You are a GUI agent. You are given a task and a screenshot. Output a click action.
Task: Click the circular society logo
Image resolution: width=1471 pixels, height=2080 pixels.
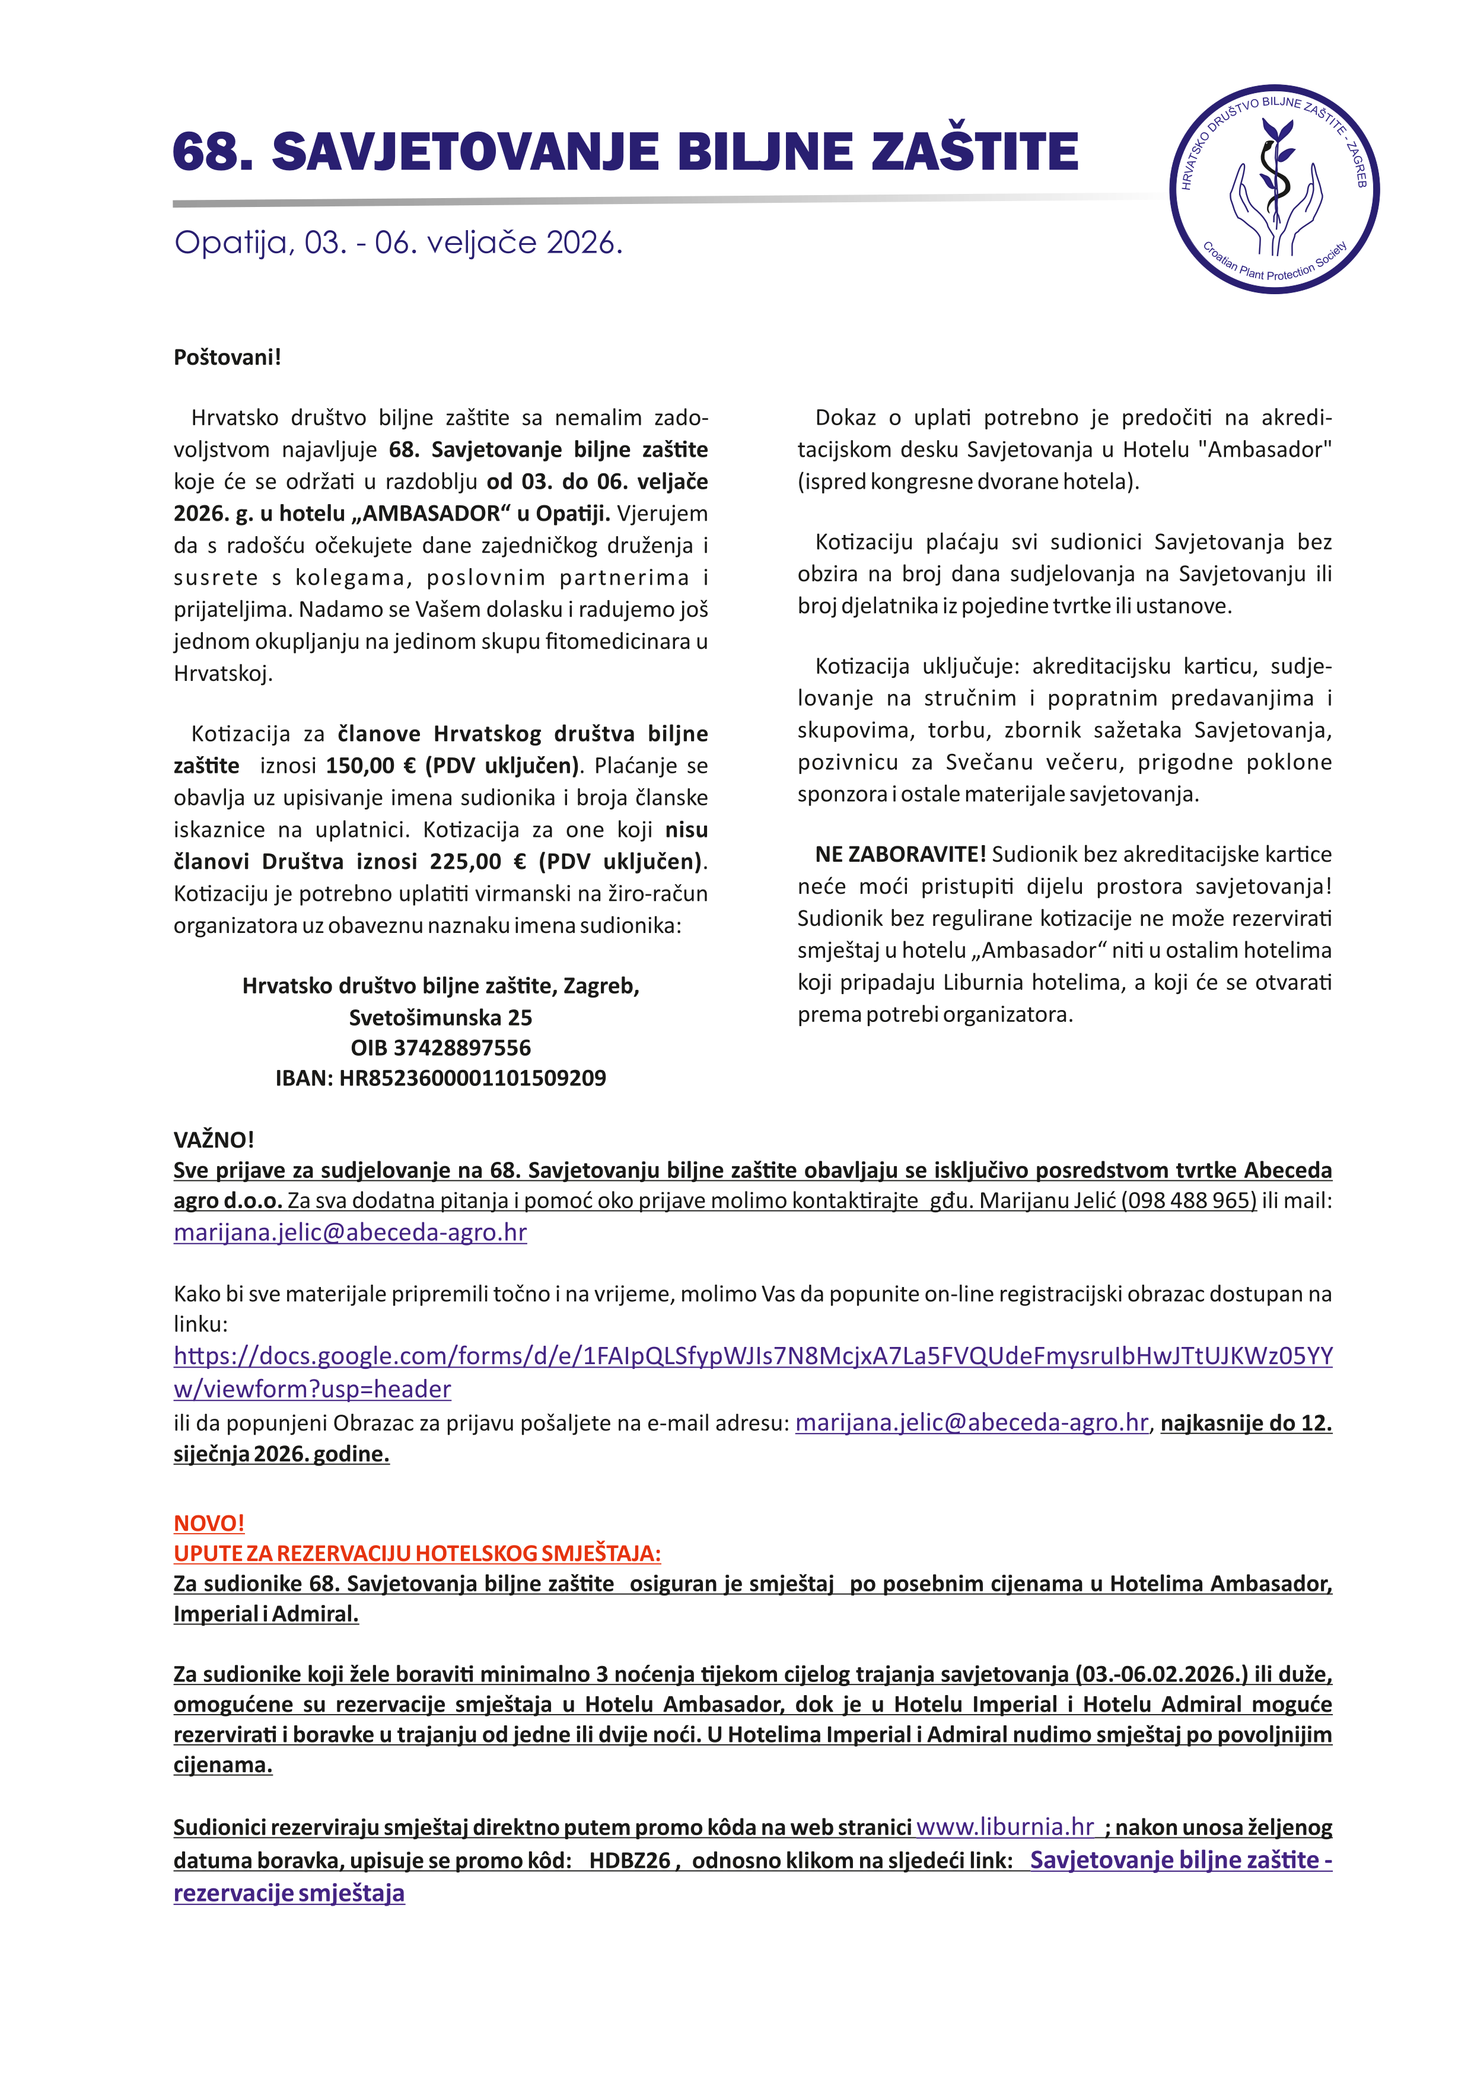point(1275,189)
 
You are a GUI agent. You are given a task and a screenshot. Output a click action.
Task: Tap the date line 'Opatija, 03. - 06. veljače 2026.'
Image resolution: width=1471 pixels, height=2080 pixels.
point(399,243)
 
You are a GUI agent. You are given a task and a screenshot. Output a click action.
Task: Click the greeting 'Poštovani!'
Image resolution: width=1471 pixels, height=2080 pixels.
point(227,357)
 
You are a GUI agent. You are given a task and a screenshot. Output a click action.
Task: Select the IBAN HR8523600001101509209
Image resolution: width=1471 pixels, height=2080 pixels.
point(472,1078)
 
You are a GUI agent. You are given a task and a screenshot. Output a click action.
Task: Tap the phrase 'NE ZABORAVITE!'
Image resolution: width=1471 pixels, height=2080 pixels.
point(899,854)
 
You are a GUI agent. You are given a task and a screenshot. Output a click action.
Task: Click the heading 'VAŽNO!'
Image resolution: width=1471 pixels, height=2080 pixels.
point(214,1140)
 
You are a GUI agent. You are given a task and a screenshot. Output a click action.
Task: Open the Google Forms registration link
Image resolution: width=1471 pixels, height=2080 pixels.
point(752,1356)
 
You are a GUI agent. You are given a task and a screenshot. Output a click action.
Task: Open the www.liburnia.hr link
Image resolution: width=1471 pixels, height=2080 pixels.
point(1005,1827)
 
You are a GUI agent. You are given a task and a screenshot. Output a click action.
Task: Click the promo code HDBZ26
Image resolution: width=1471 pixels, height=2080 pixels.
point(629,1860)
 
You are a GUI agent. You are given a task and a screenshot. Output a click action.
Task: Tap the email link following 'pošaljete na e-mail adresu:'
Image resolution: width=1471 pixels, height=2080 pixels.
point(971,1423)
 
